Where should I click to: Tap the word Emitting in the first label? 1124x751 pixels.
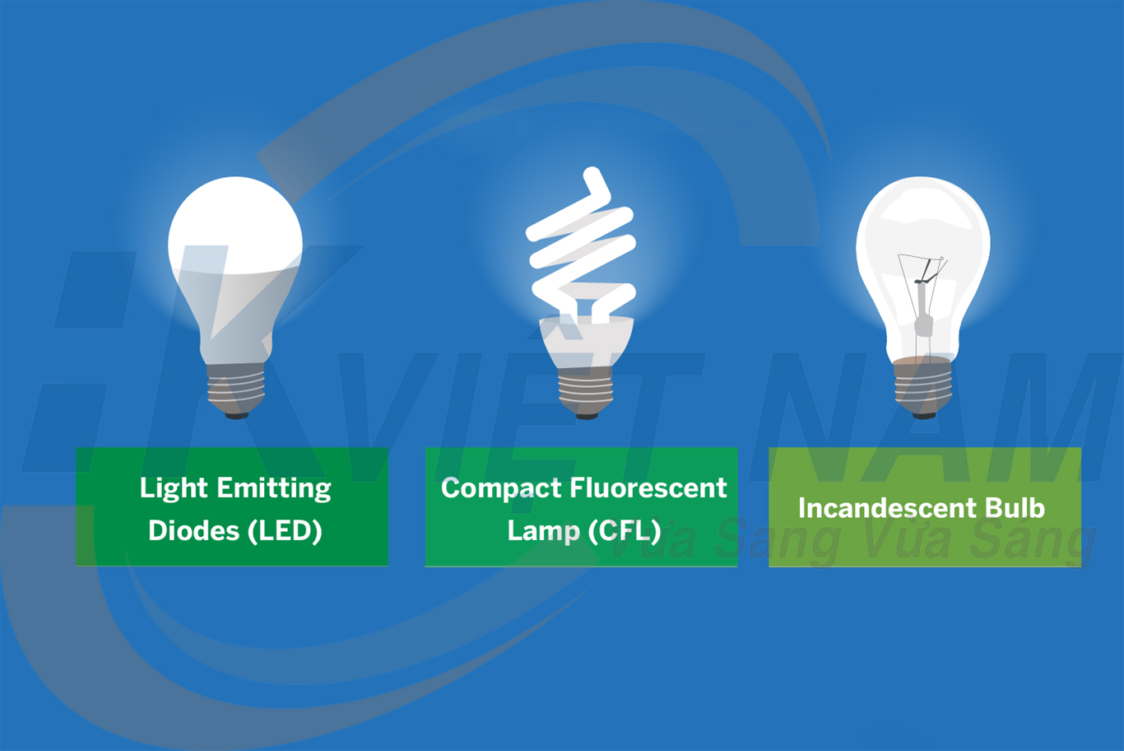tap(272, 488)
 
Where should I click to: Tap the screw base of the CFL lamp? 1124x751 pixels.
tap(586, 391)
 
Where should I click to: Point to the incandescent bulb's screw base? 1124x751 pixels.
tap(923, 387)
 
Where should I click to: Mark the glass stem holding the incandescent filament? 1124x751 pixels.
tap(923, 313)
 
